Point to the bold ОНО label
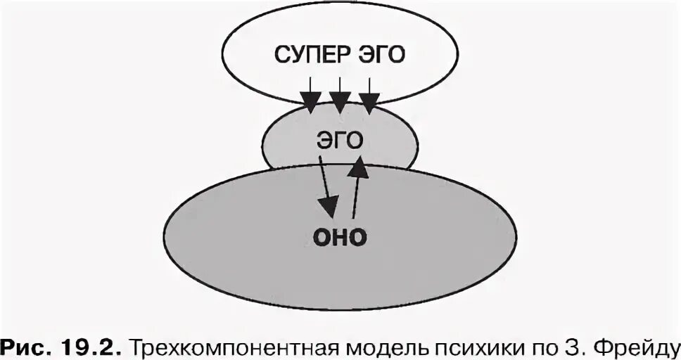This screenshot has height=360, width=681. tap(339, 237)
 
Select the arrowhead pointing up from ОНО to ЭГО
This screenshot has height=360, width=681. tap(359, 167)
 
